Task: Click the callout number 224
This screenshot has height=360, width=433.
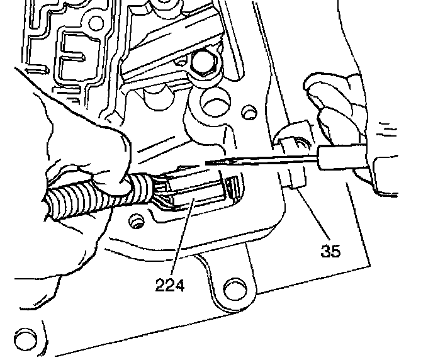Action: (x=171, y=286)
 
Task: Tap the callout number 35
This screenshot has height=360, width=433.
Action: (x=330, y=252)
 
